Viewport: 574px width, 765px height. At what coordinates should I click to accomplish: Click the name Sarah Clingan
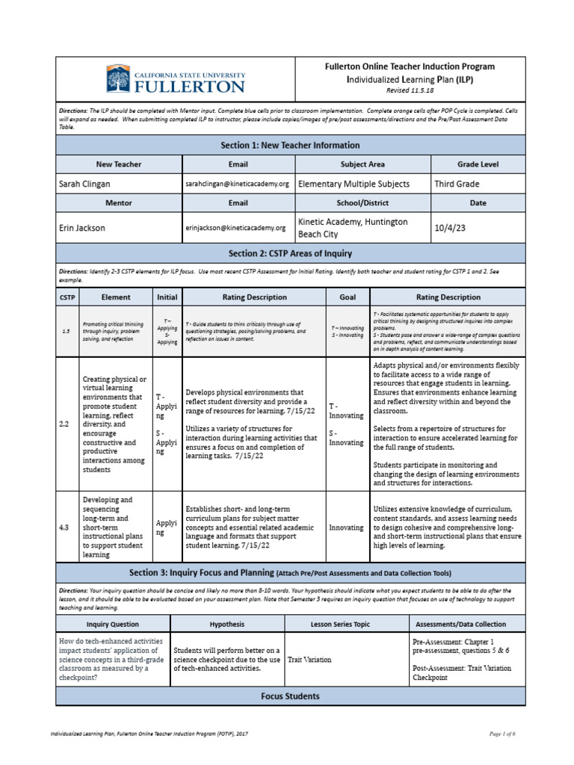(85, 184)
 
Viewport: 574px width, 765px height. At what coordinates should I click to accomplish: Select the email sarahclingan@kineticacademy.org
(237, 184)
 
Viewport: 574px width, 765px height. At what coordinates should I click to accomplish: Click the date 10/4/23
(450, 228)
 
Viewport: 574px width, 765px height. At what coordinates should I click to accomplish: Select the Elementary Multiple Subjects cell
(354, 184)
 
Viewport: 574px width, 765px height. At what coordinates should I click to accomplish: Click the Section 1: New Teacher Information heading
(290, 145)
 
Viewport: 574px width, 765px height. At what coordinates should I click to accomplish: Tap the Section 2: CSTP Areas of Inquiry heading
(290, 253)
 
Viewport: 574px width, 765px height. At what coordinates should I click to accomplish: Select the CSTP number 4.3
(64, 527)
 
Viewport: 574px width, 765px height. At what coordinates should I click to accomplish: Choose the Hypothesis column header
(227, 624)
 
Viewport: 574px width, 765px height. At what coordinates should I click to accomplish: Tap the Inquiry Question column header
(113, 624)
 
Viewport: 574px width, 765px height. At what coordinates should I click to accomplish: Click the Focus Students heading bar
(290, 696)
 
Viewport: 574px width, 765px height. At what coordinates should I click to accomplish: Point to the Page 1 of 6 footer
(502, 734)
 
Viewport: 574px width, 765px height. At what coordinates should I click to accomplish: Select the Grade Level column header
(477, 163)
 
